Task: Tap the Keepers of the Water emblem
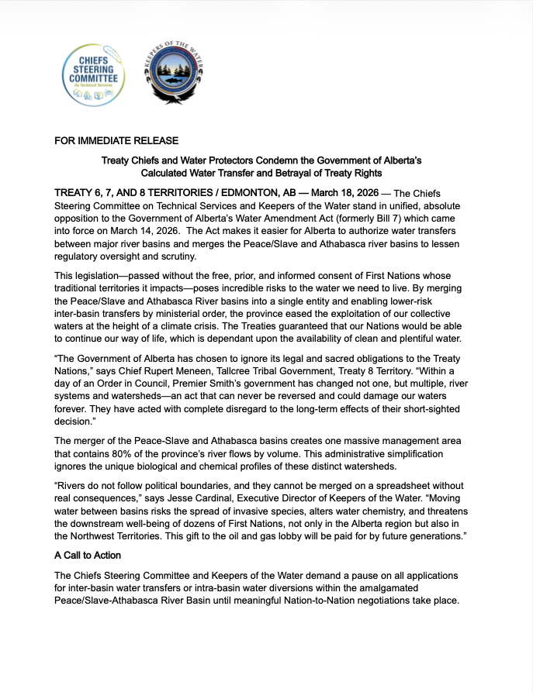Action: [x=170, y=77]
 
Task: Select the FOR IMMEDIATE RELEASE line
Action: [x=116, y=141]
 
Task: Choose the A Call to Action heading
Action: [x=88, y=556]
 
